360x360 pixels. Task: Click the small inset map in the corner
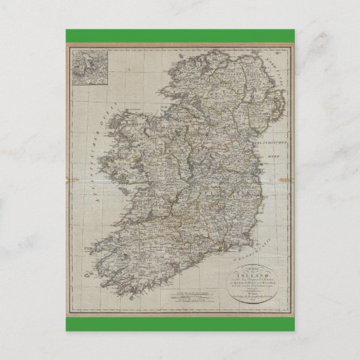[x=87, y=67]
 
